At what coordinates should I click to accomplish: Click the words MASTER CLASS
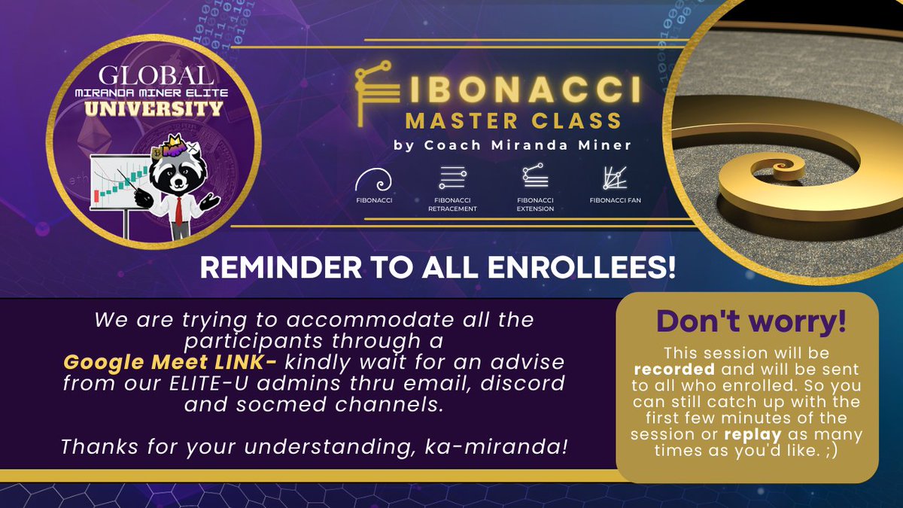pos(513,120)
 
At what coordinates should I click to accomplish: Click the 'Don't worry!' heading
pos(751,321)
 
